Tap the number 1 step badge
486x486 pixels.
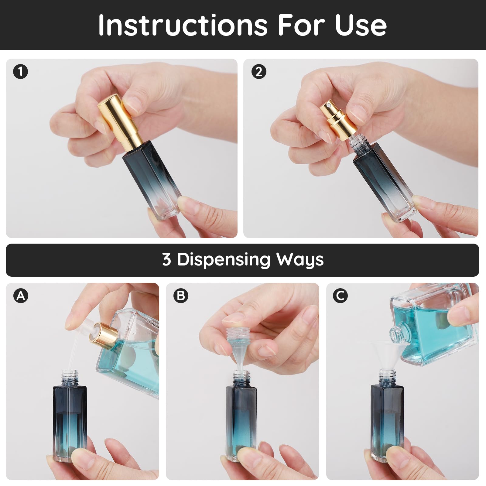pyautogui.click(x=21, y=72)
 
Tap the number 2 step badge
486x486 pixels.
pyautogui.click(x=259, y=72)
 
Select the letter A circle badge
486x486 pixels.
pyautogui.click(x=21, y=296)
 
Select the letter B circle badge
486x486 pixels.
pyautogui.click(x=181, y=296)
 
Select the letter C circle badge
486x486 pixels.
pyautogui.click(x=340, y=296)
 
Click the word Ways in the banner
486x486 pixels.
pyautogui.click(x=300, y=260)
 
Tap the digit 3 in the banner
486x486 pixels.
pyautogui.click(x=166, y=260)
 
